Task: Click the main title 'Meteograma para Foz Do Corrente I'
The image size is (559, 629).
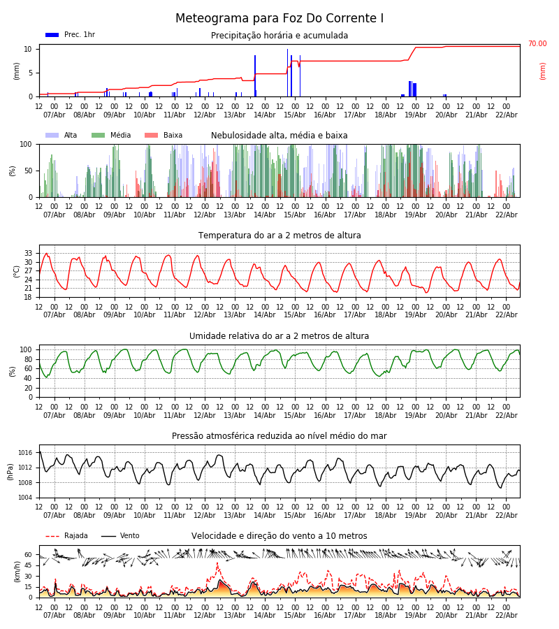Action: tap(279, 19)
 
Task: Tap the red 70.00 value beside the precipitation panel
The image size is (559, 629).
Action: tap(537, 44)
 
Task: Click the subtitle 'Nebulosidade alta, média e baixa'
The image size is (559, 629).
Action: tap(279, 136)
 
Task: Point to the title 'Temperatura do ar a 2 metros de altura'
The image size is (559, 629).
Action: tap(279, 236)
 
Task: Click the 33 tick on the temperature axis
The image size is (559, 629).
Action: tap(29, 253)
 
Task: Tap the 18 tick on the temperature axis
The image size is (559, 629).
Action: tap(29, 297)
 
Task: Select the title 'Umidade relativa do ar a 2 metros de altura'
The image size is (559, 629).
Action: tap(279, 336)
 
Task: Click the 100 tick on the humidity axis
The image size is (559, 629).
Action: tap(27, 349)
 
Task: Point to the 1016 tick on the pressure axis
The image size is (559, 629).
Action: tap(25, 453)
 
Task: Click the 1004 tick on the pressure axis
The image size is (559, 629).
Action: tap(25, 498)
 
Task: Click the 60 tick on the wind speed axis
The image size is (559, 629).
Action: tap(29, 555)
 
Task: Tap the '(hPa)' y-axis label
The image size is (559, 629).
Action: tap(10, 471)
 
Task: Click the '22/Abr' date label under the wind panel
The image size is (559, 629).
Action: tap(506, 615)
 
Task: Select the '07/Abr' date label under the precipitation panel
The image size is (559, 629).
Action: tap(55, 115)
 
